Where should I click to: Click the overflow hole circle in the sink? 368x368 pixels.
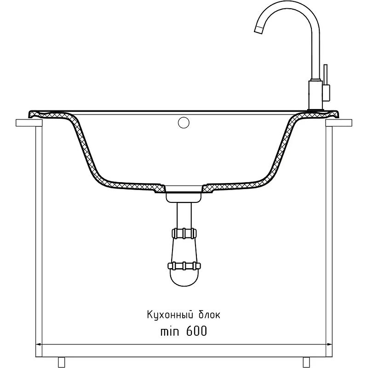click(184, 122)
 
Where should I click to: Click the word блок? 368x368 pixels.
click(210, 315)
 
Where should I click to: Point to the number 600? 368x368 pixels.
click(197, 331)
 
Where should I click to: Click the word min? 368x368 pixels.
click(170, 331)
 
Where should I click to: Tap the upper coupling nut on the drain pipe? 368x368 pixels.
click(184, 234)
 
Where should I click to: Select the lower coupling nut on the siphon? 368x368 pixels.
click(184, 266)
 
